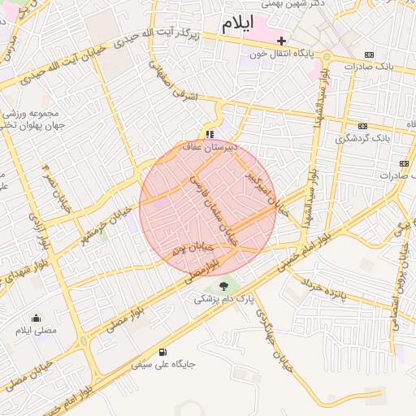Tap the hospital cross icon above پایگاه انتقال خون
(x=282, y=40)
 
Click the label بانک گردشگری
(x=362, y=139)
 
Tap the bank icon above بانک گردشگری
(x=362, y=126)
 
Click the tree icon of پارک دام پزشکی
(x=224, y=285)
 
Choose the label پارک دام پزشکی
(x=224, y=299)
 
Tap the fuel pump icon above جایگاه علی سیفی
(x=163, y=352)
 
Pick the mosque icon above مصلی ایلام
(x=35, y=318)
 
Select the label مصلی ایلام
(x=37, y=331)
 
